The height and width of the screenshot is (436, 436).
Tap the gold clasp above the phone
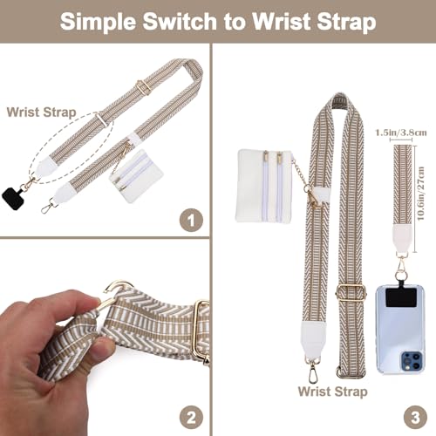coord(402,262)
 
